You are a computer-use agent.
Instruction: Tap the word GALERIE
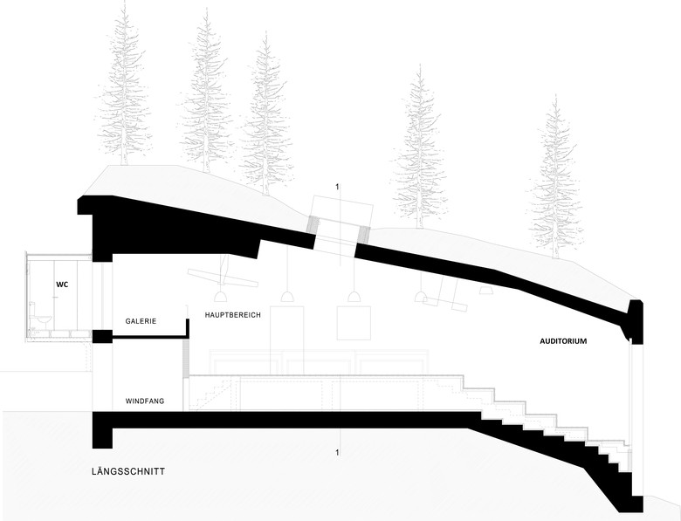(x=141, y=321)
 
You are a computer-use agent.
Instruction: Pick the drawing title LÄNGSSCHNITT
(x=127, y=472)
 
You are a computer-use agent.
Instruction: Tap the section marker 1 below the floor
(x=336, y=452)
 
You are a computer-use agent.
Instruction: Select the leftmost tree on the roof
(x=127, y=87)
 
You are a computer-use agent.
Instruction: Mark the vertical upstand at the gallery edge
(x=187, y=328)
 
